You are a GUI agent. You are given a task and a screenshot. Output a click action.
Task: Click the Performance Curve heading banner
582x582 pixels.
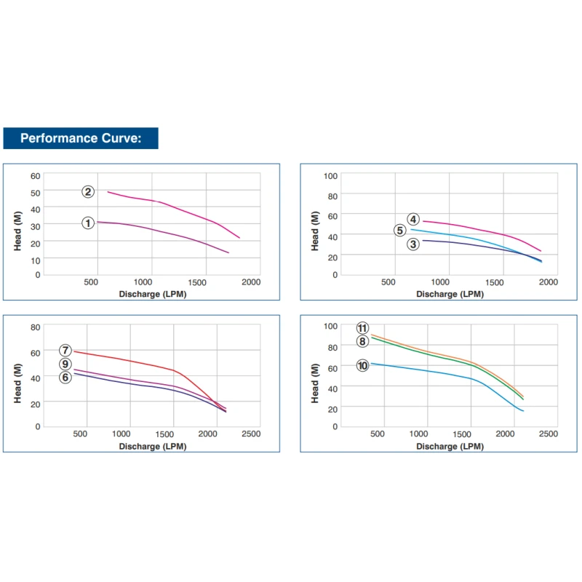click(80, 138)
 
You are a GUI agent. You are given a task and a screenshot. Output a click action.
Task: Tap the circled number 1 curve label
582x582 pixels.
click(88, 223)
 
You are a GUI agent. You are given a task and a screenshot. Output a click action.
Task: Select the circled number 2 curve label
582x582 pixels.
click(88, 191)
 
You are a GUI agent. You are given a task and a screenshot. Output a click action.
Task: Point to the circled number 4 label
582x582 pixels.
click(413, 219)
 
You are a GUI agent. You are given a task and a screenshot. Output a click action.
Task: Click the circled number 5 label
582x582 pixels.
click(400, 231)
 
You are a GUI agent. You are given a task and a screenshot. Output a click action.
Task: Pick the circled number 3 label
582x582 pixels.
click(413, 244)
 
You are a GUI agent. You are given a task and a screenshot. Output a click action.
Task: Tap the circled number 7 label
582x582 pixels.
click(65, 350)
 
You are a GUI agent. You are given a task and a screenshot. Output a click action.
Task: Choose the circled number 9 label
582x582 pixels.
click(65, 364)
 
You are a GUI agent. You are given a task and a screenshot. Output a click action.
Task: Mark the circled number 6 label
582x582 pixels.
click(65, 377)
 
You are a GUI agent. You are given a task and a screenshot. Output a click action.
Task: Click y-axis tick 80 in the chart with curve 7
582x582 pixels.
click(36, 327)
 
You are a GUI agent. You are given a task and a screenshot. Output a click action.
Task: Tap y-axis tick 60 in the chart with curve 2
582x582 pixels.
click(36, 175)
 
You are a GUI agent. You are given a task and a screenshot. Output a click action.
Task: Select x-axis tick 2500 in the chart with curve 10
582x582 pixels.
click(548, 434)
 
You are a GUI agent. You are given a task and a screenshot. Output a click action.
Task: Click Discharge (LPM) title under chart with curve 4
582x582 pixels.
click(450, 294)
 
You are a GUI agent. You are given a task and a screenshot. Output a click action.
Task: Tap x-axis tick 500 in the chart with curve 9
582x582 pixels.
click(80, 434)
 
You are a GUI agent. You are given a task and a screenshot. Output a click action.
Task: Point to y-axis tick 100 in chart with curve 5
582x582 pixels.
click(330, 176)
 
